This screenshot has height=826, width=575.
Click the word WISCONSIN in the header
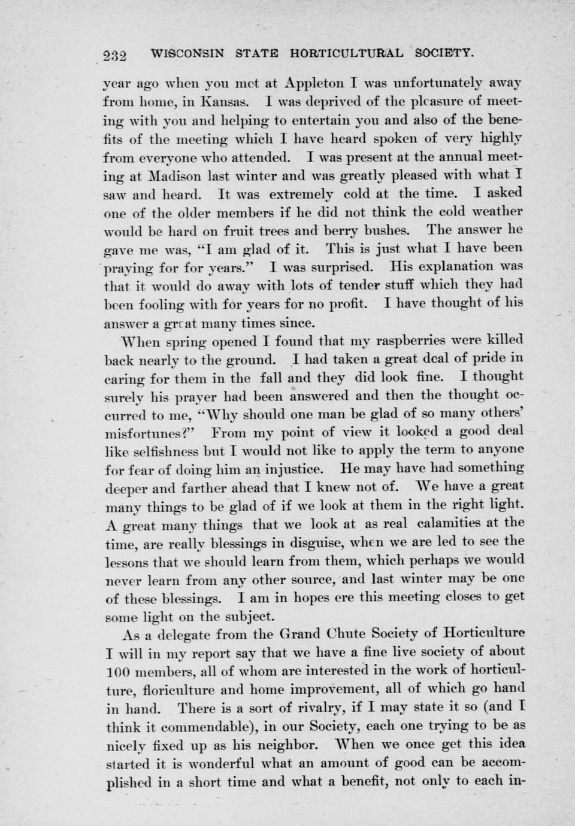[x=188, y=53]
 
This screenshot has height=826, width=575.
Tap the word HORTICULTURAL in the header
[x=346, y=53]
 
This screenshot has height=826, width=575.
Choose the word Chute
[x=346, y=633]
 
